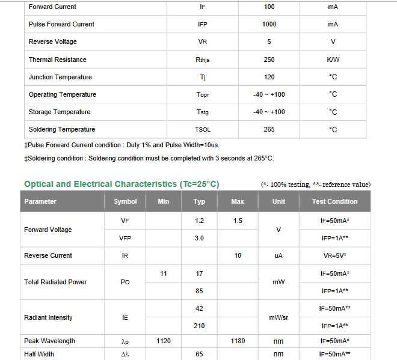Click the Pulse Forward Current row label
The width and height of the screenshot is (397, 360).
[61, 24]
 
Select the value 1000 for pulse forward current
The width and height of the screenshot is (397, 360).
[269, 24]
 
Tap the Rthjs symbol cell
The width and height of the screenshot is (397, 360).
[202, 59]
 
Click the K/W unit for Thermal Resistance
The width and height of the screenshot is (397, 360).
[333, 59]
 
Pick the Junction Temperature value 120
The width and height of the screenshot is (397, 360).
[269, 77]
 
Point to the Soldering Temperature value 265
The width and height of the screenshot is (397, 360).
[269, 129]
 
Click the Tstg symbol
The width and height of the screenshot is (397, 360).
[202, 112]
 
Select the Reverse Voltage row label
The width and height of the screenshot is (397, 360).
[53, 41]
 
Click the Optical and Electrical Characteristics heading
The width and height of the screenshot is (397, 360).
[122, 184]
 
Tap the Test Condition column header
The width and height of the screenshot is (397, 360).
[334, 201]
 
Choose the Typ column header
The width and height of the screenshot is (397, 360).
[199, 201]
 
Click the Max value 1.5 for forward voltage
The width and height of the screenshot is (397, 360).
[238, 221]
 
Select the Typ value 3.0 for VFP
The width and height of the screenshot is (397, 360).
[199, 238]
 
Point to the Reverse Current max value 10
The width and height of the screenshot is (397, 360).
[238, 255]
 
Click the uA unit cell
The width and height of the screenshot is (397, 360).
[279, 255]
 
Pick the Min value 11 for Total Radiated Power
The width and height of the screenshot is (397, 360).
[164, 273]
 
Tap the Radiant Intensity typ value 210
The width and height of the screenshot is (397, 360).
[199, 326]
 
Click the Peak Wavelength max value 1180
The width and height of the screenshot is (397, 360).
[238, 341]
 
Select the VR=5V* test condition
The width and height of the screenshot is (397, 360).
[334, 255]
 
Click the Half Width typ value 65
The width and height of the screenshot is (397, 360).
[199, 354]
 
